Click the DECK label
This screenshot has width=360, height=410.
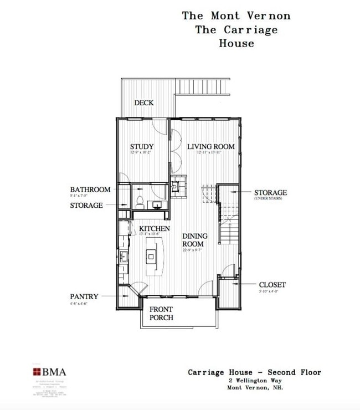144,102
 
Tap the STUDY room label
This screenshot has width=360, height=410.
142,147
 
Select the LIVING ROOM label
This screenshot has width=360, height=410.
210,147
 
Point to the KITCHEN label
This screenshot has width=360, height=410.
155,229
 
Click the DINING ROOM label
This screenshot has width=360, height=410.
195,240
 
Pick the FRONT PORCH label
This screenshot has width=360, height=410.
161,314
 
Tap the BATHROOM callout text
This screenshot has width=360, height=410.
90,189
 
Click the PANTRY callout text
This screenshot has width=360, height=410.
84,297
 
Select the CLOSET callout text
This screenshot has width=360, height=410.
272,285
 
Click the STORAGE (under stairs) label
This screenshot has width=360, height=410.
270,193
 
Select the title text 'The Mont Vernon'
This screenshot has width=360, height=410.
236,16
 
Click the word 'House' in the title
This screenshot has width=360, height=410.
236,43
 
